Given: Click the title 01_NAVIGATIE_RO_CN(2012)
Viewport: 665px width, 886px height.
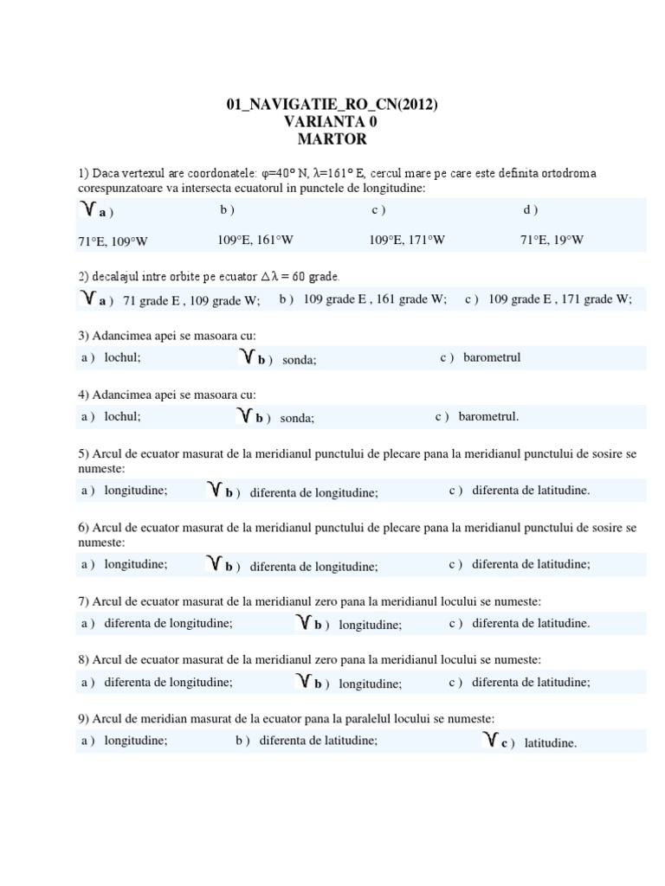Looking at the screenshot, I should point(332,106).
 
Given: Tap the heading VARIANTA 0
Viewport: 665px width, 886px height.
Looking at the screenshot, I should point(332,122).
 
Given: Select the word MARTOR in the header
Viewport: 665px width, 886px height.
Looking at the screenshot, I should point(332,138).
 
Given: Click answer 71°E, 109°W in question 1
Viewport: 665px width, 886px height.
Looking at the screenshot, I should point(113,241).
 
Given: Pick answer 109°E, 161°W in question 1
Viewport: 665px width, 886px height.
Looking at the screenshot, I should point(255,240).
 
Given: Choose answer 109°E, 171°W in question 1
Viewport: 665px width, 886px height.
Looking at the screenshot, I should point(407,240).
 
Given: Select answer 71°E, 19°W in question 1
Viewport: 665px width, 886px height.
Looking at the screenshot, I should point(552,240).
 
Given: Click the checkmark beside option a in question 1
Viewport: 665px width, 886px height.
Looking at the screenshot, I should point(87,209).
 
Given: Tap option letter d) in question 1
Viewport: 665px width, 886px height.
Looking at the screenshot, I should point(530,209).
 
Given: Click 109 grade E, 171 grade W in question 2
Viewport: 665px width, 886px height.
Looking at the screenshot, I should point(560,299).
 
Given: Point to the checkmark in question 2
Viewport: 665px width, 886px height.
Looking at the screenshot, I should point(87,299).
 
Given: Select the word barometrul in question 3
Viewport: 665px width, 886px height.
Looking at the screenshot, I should point(492,357).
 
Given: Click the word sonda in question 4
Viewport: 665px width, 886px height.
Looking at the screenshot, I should point(297,418).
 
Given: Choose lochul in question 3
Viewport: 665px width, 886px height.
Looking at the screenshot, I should point(122,357).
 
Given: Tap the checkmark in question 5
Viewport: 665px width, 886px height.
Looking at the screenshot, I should point(215,491).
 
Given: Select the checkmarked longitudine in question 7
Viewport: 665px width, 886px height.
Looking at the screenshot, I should point(370,625).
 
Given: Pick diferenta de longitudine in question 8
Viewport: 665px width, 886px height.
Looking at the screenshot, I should point(168,682).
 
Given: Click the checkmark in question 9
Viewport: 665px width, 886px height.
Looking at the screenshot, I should point(490,740).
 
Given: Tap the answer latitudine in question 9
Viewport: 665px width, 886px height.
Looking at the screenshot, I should point(550,742).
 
